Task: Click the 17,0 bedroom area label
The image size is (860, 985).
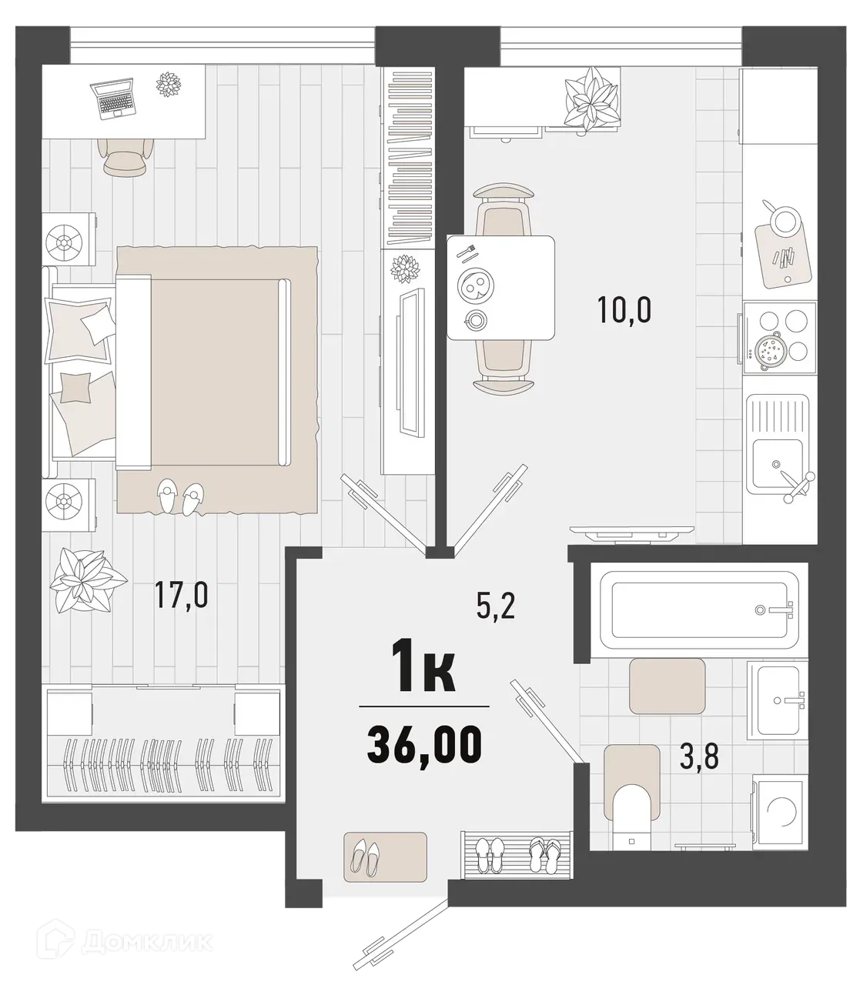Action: pyautogui.click(x=182, y=595)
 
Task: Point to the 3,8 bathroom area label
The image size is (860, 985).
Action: pyautogui.click(x=699, y=758)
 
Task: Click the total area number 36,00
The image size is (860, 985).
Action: pyautogui.click(x=424, y=744)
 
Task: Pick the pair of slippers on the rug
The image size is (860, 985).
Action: pyautogui.click(x=180, y=497)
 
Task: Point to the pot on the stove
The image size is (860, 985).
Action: pyautogui.click(x=769, y=351)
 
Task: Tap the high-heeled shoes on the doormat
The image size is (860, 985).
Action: pyautogui.click(x=366, y=855)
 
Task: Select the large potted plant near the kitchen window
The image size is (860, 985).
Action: pyautogui.click(x=591, y=97)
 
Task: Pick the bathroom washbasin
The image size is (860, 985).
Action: pyautogui.click(x=779, y=700)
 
